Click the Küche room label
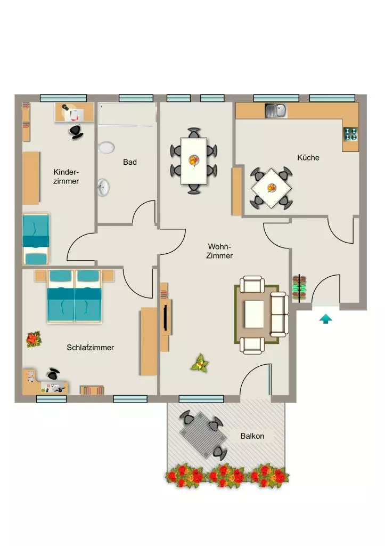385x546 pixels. point(308,158)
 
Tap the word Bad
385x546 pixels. point(130,162)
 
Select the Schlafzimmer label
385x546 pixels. point(91,348)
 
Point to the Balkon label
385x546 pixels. point(252,436)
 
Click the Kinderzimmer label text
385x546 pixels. point(66,176)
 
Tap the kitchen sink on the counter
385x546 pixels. point(276,111)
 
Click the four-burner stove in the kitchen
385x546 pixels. point(350,134)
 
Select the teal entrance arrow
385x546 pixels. point(325,319)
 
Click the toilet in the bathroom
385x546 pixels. point(106,147)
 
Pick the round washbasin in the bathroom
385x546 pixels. point(103,187)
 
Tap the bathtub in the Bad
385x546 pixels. point(127,114)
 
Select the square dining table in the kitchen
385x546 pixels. point(271,188)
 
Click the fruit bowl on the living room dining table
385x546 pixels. point(194,160)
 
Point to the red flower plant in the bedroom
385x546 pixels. point(34,339)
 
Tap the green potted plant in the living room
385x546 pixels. point(200,363)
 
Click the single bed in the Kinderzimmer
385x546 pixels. point(36,239)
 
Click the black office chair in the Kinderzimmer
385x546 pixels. point(76,131)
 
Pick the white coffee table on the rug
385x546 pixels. point(255,314)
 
